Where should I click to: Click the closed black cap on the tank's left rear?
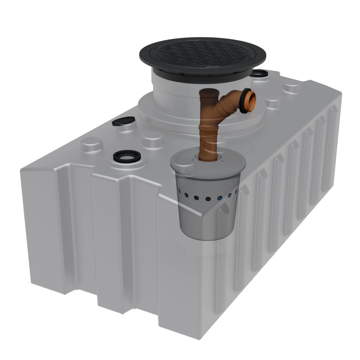(x=123, y=122)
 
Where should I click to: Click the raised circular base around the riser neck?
(x=158, y=115)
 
